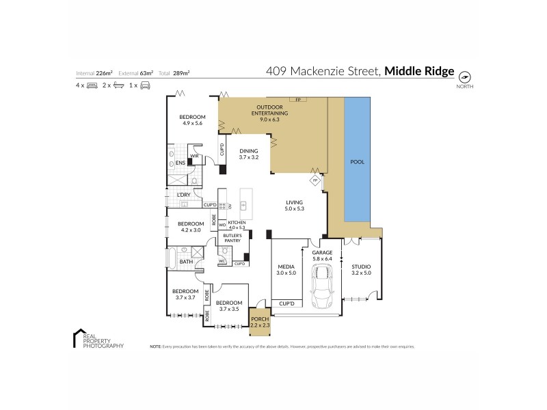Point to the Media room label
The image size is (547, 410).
tap(286, 269)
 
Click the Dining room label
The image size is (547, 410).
tap(249, 154)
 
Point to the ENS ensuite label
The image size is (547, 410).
tap(180, 163)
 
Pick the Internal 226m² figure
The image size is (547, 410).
tap(96, 72)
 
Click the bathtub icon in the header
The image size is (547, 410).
tap(118, 86)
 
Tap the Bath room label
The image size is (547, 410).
tap(186, 262)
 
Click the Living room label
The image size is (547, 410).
tap(295, 205)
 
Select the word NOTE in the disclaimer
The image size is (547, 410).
tap(155, 347)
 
